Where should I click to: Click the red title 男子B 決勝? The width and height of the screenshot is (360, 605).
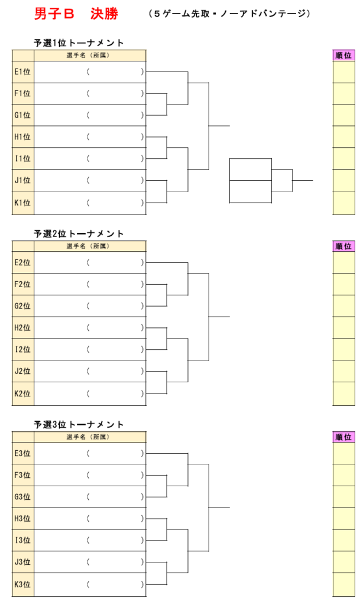click(76, 14)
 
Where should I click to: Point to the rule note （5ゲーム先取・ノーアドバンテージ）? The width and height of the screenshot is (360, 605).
click(229, 14)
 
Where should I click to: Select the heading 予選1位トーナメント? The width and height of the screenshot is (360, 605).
click(79, 43)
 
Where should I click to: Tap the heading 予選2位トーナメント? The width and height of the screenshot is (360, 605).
click(79, 234)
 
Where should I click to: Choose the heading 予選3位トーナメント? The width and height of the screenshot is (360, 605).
click(79, 425)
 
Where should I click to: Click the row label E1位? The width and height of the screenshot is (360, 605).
click(22, 71)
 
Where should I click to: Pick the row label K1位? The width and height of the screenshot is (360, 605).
click(22, 203)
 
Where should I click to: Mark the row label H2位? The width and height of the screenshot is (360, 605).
click(22, 328)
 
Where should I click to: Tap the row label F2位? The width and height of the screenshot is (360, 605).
click(22, 284)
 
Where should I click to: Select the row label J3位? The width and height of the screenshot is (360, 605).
click(22, 562)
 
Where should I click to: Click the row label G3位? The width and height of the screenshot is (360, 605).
click(22, 497)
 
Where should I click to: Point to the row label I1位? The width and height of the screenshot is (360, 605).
click(22, 158)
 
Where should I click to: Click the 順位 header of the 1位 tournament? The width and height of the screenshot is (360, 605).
click(344, 55)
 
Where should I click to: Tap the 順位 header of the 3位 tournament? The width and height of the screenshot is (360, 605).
click(344, 437)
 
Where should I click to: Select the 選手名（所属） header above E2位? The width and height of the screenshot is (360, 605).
click(90, 246)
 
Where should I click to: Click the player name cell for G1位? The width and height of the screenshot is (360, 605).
click(90, 115)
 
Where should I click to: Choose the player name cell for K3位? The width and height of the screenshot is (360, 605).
click(90, 584)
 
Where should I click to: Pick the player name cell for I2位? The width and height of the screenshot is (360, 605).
click(90, 350)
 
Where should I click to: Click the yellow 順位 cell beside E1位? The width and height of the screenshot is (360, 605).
click(344, 72)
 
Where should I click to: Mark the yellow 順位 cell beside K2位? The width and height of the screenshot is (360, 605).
click(344, 393)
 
